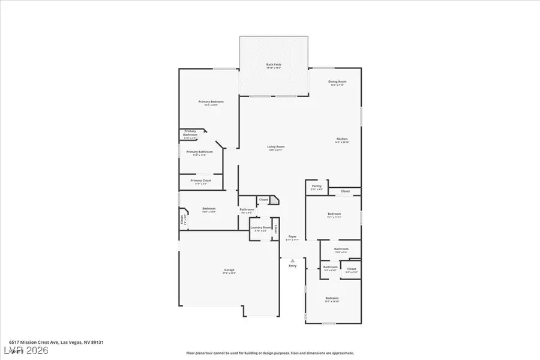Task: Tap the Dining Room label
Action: (x=337, y=83)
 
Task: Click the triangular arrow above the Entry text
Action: (x=292, y=261)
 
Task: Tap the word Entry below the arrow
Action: (x=292, y=266)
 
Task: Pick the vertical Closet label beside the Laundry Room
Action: (x=275, y=229)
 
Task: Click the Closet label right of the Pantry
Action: (x=345, y=191)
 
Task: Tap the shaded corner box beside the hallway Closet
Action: (x=274, y=200)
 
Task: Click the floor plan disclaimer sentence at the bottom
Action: (x=270, y=353)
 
